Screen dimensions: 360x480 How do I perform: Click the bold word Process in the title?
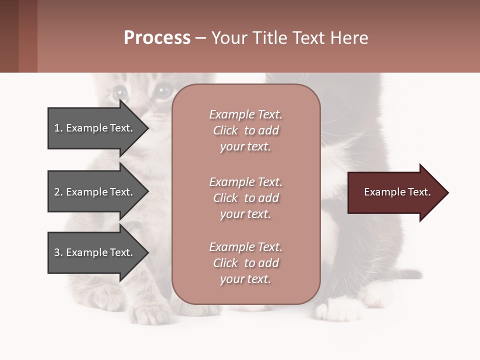click(157, 38)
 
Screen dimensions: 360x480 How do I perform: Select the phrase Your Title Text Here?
click(289, 38)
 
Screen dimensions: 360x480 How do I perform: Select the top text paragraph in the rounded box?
click(245, 130)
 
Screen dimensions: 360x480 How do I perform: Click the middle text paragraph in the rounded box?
click(245, 198)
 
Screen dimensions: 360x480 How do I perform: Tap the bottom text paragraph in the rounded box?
click(245, 263)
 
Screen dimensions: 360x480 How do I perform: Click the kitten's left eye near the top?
click(120, 92)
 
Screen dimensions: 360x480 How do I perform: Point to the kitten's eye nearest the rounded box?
click(162, 91)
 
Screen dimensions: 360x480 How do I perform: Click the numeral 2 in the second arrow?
click(57, 192)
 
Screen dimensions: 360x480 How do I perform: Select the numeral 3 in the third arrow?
click(57, 252)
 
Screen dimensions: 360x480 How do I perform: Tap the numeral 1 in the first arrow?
click(57, 128)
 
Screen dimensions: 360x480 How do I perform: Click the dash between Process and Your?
click(200, 38)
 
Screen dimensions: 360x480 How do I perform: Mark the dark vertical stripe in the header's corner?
click(28, 36)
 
